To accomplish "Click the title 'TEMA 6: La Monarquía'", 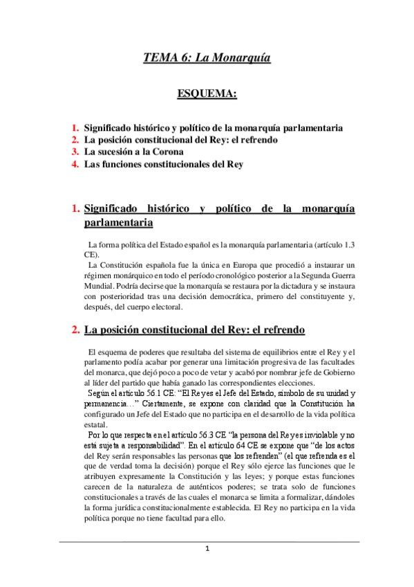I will point(207,57).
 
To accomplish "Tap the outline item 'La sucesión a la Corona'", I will point(134,151).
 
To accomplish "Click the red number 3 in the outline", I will point(75,151).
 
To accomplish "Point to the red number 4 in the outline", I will point(75,163).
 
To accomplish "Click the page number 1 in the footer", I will point(207,549).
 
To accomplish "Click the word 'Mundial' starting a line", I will point(92,285).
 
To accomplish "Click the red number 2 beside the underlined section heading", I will point(75,330).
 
